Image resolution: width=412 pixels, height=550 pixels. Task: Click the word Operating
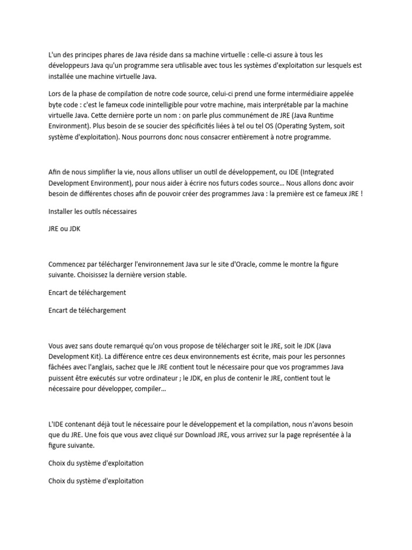click(x=295, y=127)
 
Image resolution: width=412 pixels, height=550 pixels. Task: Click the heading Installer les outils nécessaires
click(x=92, y=211)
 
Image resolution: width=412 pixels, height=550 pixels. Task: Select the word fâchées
click(x=61, y=367)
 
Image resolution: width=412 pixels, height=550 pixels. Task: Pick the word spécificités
click(x=174, y=127)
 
